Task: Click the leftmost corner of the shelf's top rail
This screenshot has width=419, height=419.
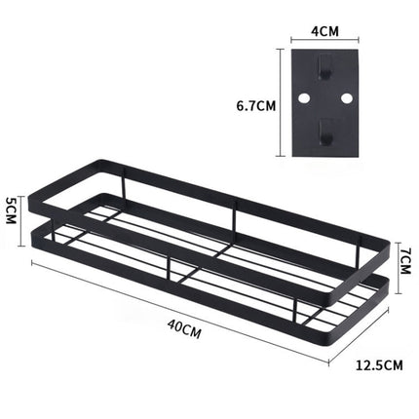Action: [35, 192]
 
